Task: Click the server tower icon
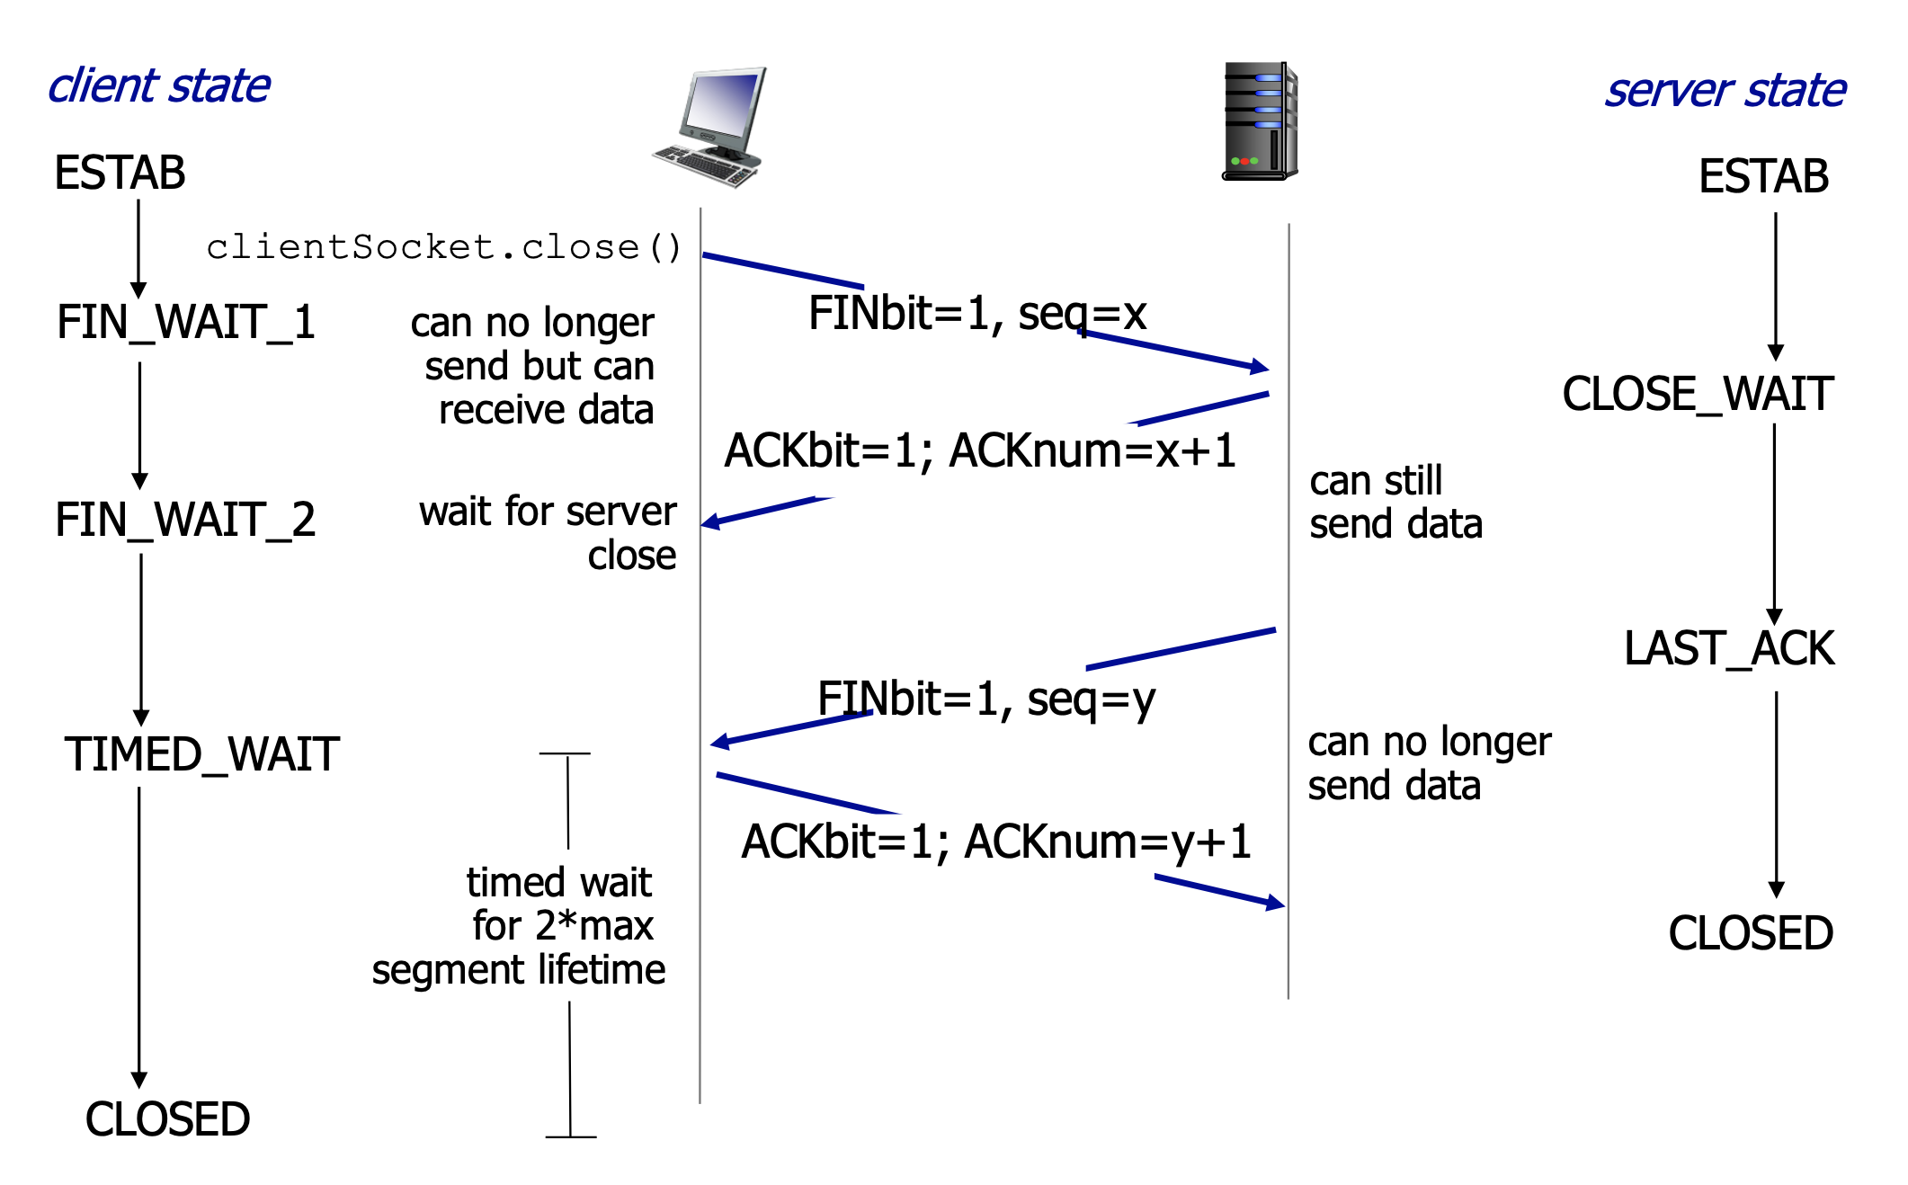coord(1260,121)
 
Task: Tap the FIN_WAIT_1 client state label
coord(186,322)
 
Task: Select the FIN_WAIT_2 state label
coord(185,520)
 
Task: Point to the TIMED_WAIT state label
coord(201,753)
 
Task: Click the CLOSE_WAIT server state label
coord(1697,394)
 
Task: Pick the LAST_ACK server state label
coord(1728,648)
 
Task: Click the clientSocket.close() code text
coord(444,247)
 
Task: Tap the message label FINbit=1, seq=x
coord(977,313)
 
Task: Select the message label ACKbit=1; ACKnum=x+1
coord(980,450)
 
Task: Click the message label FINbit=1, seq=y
coord(986,699)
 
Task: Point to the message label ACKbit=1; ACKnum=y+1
coord(995,842)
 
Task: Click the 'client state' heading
coord(158,86)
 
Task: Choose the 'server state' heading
coord(1725,90)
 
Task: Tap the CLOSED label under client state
coord(167,1119)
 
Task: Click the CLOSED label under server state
coord(1750,933)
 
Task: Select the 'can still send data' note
coord(1395,503)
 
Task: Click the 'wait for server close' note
coord(548,533)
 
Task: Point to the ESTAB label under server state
coord(1763,176)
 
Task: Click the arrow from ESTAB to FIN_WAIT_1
coord(138,248)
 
